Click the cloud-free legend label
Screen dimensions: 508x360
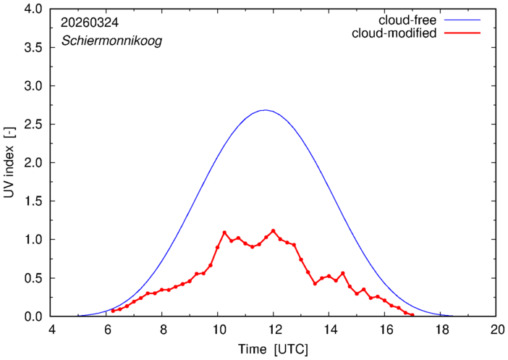[x=407, y=20]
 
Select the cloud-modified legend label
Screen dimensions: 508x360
[x=394, y=33]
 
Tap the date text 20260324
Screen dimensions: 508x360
[x=90, y=22]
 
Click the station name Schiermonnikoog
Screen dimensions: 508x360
[x=111, y=41]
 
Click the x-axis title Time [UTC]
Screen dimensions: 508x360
[x=273, y=349]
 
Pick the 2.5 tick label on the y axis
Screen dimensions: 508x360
[x=33, y=124]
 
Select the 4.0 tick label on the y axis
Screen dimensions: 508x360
[x=33, y=9]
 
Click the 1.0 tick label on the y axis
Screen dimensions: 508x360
[x=33, y=240]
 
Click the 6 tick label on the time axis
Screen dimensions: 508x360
[x=109, y=330]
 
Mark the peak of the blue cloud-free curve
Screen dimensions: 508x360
[x=265, y=110]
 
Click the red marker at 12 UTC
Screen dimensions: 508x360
[x=273, y=231]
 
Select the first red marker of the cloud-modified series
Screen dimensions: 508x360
[x=113, y=311]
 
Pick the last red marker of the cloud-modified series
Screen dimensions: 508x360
[x=412, y=315]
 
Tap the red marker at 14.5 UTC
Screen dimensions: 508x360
[x=343, y=273]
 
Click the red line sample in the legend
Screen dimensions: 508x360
[x=462, y=33]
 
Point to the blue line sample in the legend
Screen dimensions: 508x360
[x=462, y=20]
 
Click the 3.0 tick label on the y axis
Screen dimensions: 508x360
[x=33, y=85]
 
